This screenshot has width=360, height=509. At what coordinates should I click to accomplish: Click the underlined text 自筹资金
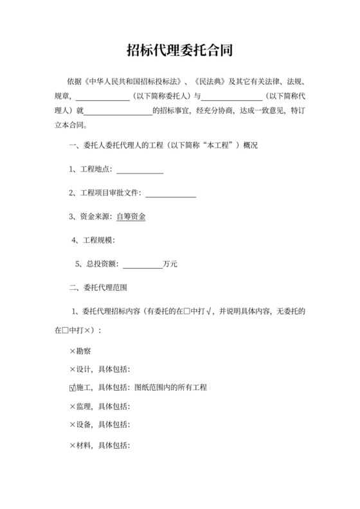pos(131,217)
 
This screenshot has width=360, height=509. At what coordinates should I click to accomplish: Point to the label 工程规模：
pos(97,240)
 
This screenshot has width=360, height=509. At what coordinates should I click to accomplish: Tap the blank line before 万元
pos(142,263)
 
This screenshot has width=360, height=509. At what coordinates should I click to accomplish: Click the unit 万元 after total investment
pos(170,263)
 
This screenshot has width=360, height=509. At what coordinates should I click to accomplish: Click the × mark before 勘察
pos(72,352)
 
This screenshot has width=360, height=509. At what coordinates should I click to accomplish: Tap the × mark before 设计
pos(72,370)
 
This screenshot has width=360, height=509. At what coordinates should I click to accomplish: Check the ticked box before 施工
pos(72,388)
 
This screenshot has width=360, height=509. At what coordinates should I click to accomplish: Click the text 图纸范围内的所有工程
pos(170,388)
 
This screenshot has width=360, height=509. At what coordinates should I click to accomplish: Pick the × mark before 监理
pos(72,406)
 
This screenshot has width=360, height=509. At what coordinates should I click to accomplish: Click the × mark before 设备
pos(72,425)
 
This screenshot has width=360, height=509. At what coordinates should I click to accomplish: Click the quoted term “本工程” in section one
pos(217,147)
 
